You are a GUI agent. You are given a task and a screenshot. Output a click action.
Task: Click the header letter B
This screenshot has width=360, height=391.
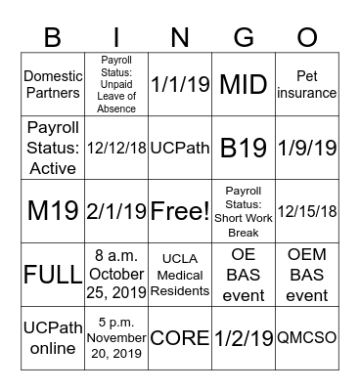[53, 37]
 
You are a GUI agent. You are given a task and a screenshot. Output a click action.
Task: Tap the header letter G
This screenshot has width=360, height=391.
[244, 37]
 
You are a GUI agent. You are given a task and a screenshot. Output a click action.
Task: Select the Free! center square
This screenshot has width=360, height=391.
[180, 210]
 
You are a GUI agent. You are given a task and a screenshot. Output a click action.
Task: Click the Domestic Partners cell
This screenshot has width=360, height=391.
[53, 84]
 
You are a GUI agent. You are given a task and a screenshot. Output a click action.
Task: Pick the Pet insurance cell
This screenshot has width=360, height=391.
[307, 84]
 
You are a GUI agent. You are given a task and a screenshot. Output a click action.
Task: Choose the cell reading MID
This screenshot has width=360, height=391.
[244, 84]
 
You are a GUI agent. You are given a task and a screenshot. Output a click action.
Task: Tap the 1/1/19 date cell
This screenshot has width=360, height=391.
[180, 84]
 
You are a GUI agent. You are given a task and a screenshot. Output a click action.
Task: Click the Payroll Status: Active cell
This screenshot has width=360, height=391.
[53, 147]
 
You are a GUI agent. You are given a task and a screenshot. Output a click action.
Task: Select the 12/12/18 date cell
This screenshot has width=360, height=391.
[116, 147]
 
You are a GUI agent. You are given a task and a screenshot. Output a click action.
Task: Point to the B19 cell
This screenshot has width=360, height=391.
[244, 147]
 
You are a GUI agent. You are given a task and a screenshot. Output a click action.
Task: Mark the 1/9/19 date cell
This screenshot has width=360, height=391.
[307, 147]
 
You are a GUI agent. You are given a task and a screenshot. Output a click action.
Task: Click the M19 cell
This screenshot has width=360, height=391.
[53, 210]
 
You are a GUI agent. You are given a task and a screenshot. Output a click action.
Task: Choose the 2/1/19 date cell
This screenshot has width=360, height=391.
[116, 210]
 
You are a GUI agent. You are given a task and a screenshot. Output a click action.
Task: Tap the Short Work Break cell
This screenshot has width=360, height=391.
[244, 210]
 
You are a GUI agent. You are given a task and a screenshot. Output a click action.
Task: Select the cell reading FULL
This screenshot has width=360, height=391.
[53, 273]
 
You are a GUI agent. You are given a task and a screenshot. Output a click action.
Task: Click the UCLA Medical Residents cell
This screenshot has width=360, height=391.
[180, 273]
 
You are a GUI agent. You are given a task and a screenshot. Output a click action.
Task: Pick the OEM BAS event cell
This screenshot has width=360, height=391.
[307, 273]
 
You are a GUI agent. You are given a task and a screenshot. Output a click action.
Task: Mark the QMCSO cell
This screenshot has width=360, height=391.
[307, 337]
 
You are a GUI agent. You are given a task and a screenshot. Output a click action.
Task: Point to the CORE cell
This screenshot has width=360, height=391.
[180, 337]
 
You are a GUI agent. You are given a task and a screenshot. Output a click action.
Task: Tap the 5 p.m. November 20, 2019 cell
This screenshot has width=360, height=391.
[116, 337]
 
